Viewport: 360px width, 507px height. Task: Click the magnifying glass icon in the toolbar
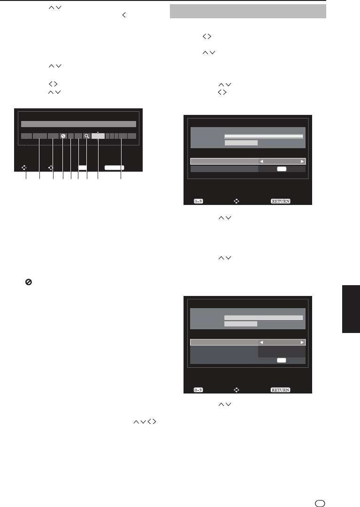click(x=87, y=136)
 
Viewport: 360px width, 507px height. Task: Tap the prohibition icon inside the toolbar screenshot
click(x=63, y=136)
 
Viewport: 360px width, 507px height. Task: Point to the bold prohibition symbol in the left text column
click(x=29, y=282)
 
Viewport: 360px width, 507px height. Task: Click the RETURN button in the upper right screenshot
click(x=280, y=201)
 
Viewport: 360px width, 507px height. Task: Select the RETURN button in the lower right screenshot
click(x=280, y=390)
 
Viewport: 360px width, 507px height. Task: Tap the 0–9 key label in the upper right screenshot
click(x=198, y=201)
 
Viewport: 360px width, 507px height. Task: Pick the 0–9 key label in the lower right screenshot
click(x=198, y=390)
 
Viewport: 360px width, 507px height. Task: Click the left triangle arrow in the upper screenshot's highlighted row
click(x=261, y=161)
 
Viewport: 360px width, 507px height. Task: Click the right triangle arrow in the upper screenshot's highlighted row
click(x=302, y=161)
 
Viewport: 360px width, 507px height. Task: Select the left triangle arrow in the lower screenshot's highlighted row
click(x=261, y=342)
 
